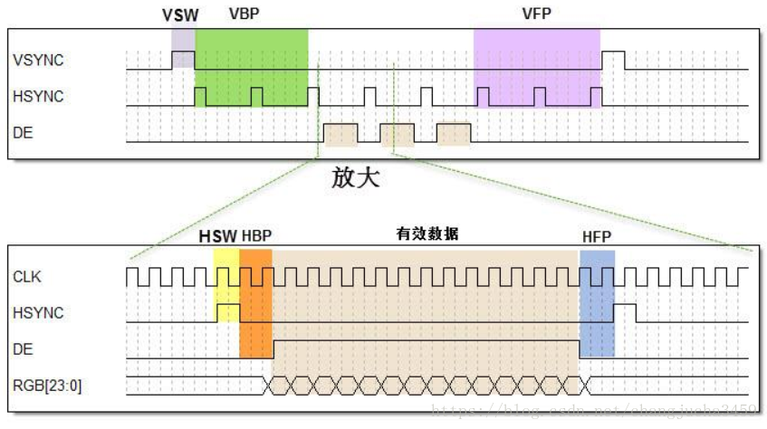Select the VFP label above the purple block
click(x=535, y=14)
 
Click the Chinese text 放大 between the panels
click(x=355, y=177)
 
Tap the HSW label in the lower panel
click(x=218, y=236)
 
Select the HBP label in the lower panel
click(x=257, y=236)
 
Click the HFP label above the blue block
click(x=597, y=237)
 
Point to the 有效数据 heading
click(x=427, y=234)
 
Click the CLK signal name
click(x=28, y=276)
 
